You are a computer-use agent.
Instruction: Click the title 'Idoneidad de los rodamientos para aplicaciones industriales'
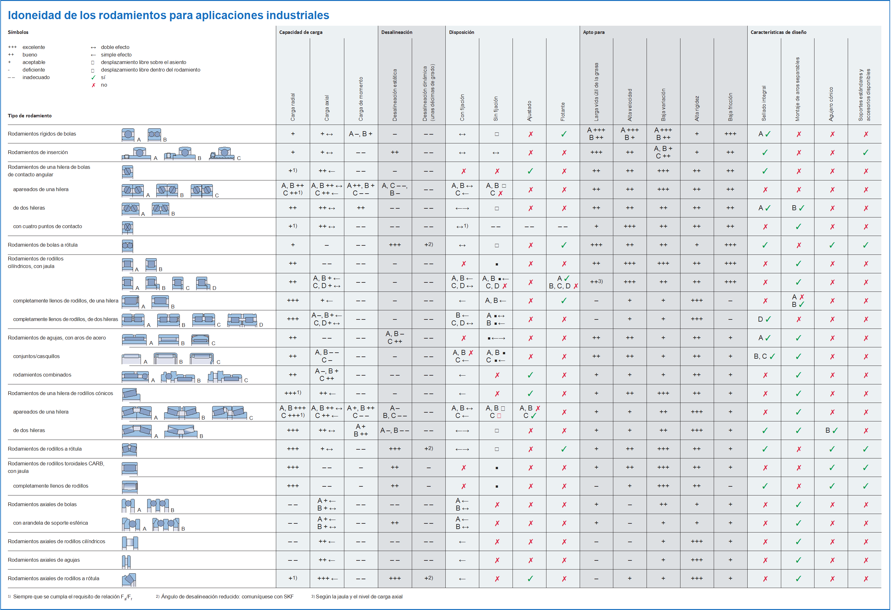point(169,15)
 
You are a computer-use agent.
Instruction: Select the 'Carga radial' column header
point(293,107)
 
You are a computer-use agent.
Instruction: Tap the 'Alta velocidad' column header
point(630,105)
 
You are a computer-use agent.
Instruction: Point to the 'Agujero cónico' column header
point(831,104)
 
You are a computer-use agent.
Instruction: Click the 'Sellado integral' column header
point(764,103)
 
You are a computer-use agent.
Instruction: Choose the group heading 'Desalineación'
point(396,32)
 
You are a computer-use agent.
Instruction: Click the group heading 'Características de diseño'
point(778,32)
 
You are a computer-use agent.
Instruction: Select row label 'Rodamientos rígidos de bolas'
point(42,134)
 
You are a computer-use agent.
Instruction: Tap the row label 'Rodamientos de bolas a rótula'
point(43,245)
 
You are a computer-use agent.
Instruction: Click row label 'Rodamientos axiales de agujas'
point(44,560)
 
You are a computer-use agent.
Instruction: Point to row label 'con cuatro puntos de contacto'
point(48,226)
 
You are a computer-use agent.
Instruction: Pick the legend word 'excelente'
point(34,47)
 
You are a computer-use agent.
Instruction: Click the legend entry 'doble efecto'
point(115,47)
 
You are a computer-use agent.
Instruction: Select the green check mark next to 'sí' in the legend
point(93,78)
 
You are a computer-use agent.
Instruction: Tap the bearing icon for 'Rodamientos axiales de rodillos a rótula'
point(129,579)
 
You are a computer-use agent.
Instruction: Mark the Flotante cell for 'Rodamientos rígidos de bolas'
point(563,134)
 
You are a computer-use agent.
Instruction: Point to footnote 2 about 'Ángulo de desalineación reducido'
point(224,597)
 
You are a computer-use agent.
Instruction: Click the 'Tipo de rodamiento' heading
point(30,115)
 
